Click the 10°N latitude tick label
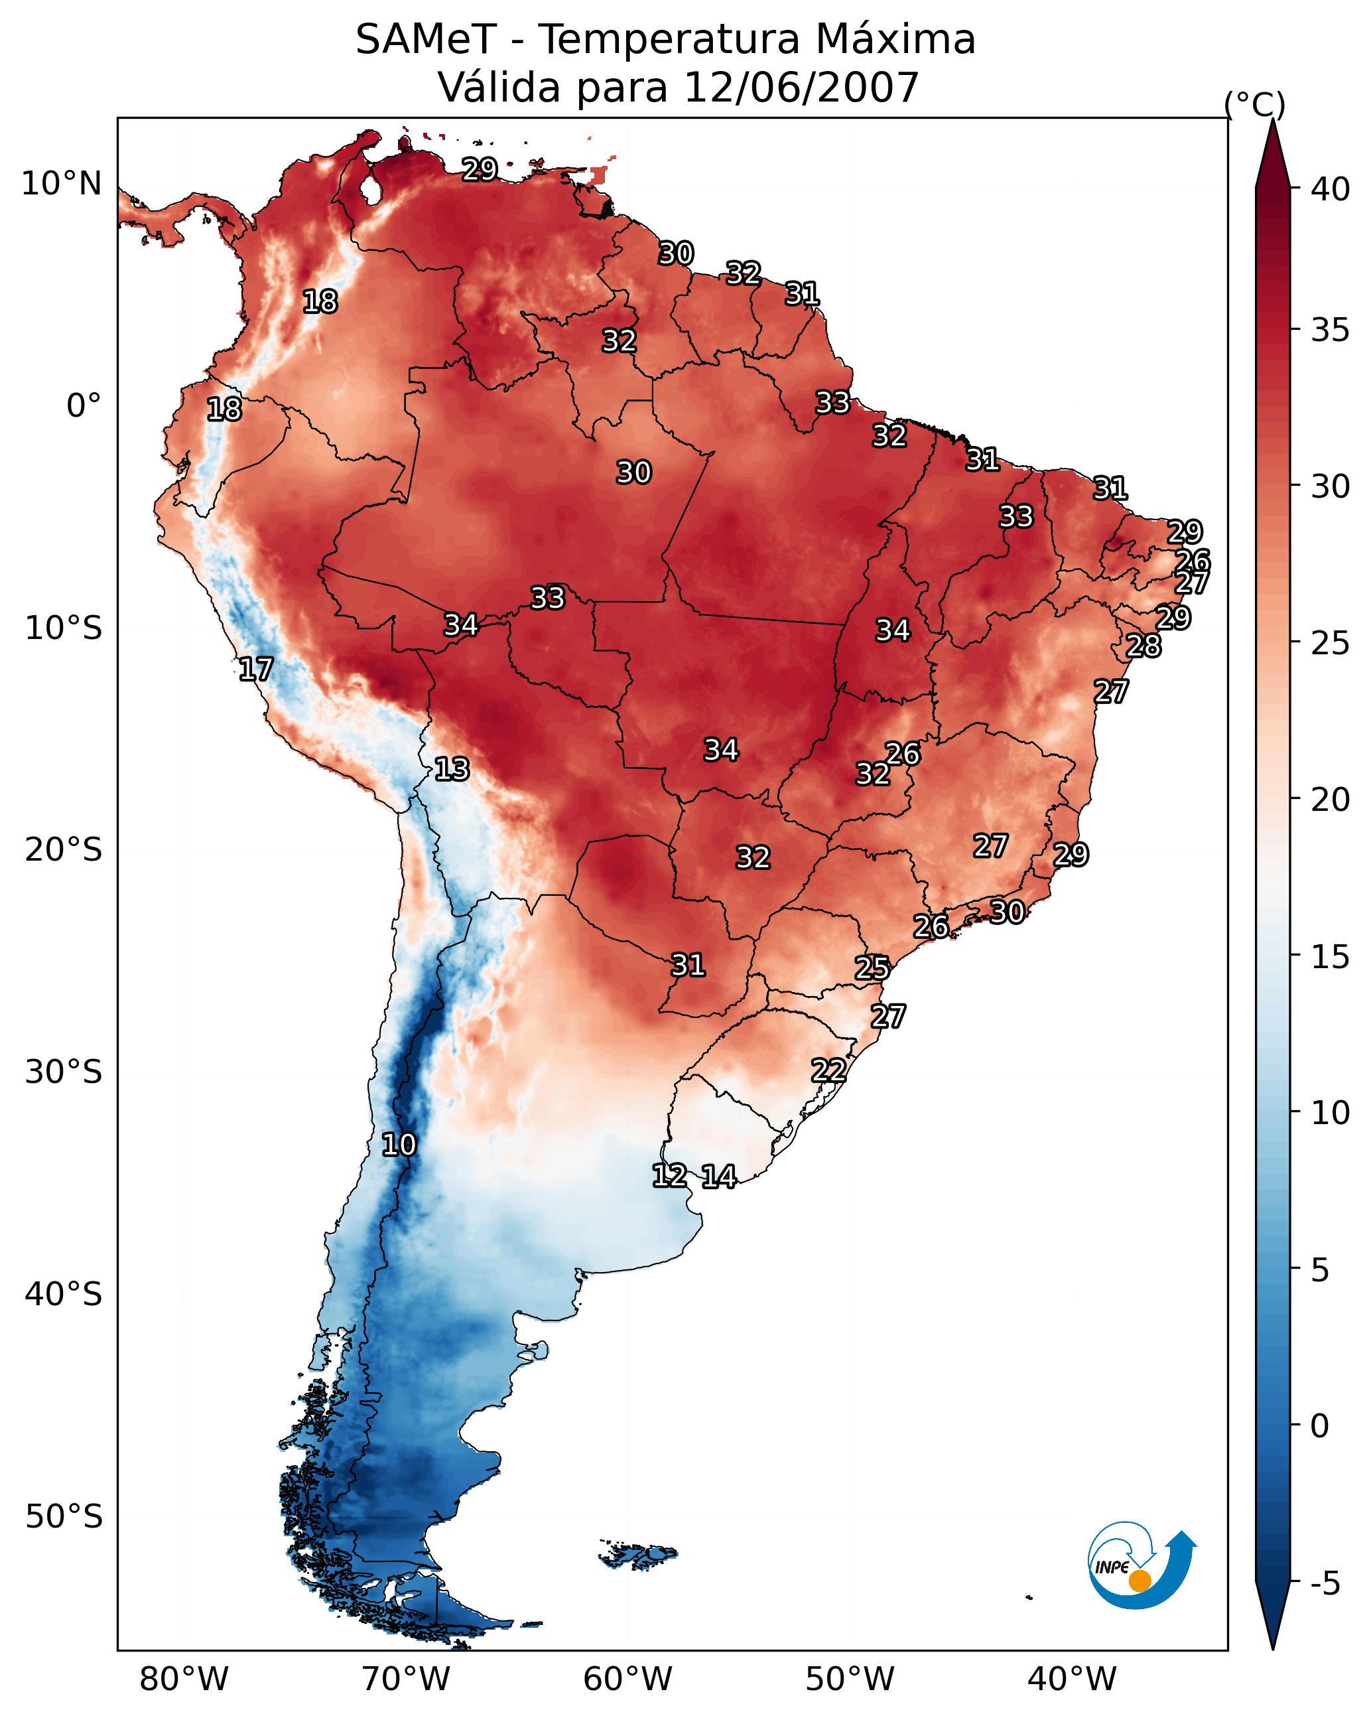(61, 184)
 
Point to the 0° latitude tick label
(84, 406)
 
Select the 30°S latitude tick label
(64, 1072)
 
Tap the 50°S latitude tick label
(64, 1516)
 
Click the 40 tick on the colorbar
(1330, 189)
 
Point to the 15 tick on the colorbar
(1330, 957)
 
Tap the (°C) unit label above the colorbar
(1255, 104)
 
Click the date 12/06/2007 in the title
(801, 88)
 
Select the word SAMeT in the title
(426, 40)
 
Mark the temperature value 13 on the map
(452, 769)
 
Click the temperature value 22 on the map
(828, 1070)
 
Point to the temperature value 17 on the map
(256, 670)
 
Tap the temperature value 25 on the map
(872, 968)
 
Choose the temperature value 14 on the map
(719, 1177)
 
